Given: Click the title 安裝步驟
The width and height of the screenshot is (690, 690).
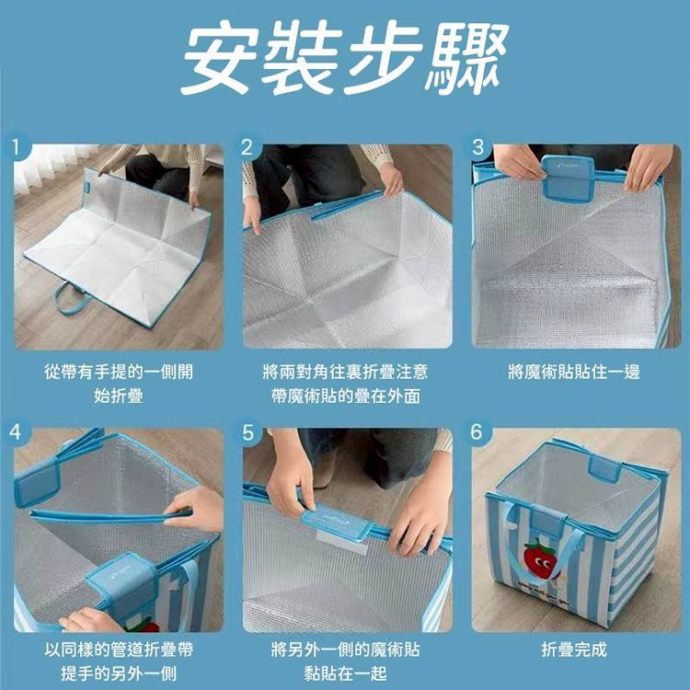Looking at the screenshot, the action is point(345,57).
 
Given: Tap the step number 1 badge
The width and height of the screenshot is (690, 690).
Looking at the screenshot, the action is point(17,147).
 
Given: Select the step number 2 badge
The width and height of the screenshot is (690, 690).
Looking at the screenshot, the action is point(247,147).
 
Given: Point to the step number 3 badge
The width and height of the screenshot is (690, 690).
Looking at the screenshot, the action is point(477,147).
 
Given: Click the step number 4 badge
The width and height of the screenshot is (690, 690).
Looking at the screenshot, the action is point(16,431).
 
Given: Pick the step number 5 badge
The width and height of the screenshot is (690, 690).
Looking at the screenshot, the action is point(247,432).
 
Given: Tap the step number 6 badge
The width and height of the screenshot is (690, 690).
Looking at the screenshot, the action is point(477,431).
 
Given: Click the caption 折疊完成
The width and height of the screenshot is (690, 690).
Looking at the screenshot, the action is point(574,650).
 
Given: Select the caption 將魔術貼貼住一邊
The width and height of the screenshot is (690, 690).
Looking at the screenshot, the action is point(574,372).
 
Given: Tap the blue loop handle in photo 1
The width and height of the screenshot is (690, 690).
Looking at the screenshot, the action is point(73,299).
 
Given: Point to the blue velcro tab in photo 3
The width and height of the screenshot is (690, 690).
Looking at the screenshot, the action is point(568,178).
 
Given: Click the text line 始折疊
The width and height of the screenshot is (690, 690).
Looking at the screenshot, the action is point(119,396).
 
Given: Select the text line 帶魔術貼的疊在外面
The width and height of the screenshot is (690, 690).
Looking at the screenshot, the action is point(345,396).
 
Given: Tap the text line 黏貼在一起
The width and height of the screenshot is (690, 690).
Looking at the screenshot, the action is point(345,673).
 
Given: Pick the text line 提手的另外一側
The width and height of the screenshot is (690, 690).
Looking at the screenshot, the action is point(119,673).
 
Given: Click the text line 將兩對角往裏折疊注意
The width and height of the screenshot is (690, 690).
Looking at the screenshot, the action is point(345,372).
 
